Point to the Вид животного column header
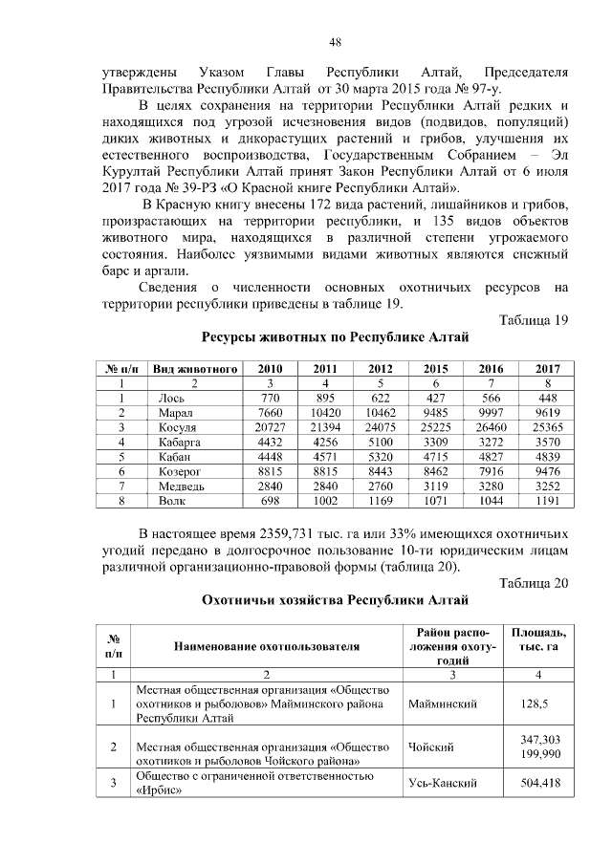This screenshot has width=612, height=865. pyautogui.click(x=195, y=368)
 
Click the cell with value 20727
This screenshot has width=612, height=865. pyautogui.click(x=271, y=427)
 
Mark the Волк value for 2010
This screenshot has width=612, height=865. pyautogui.click(x=271, y=501)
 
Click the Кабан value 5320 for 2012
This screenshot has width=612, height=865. pyautogui.click(x=382, y=457)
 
